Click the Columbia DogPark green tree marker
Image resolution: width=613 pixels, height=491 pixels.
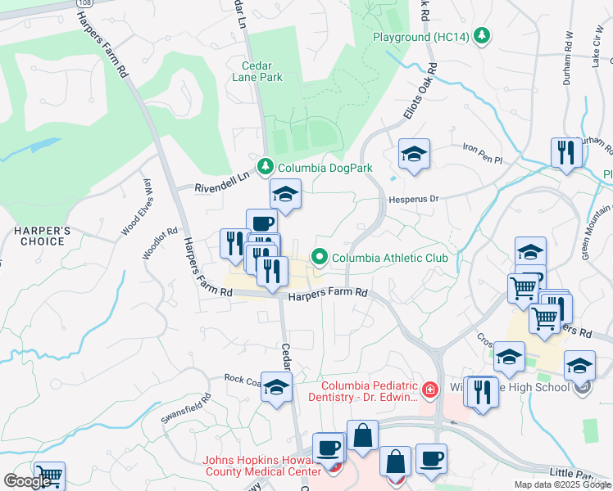(265, 168)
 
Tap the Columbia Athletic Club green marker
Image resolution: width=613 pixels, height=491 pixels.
(319, 258)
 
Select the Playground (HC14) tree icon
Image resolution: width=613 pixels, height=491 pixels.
(484, 36)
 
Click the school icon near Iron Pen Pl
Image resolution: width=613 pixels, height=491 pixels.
(415, 154)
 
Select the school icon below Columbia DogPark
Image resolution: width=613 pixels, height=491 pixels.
(285, 194)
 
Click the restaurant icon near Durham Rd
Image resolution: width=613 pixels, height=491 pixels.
(566, 152)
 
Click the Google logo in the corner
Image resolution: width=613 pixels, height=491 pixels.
(27, 481)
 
